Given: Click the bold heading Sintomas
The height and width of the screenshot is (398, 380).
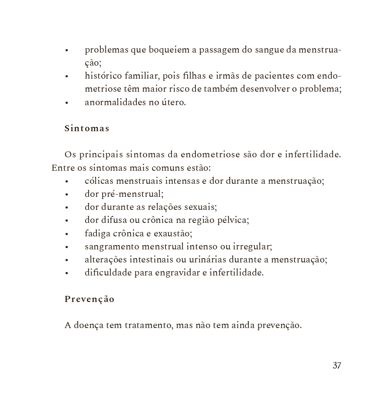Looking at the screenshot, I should (86, 129).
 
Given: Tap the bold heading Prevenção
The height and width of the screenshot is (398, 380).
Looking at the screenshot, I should (89, 299).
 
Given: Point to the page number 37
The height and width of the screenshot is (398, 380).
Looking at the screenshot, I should (337, 365).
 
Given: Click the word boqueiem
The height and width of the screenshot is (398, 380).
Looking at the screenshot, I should (169, 50).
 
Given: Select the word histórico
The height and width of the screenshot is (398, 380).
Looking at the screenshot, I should (102, 76).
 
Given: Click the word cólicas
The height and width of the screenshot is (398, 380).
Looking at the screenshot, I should (99, 181).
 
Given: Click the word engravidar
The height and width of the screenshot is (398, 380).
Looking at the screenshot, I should (177, 273).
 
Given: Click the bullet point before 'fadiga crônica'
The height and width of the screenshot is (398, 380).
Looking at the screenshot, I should (66, 234).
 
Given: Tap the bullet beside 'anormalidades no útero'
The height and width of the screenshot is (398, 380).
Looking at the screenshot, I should (66, 103).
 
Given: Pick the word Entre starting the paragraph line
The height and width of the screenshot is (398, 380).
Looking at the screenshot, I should (60, 168).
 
